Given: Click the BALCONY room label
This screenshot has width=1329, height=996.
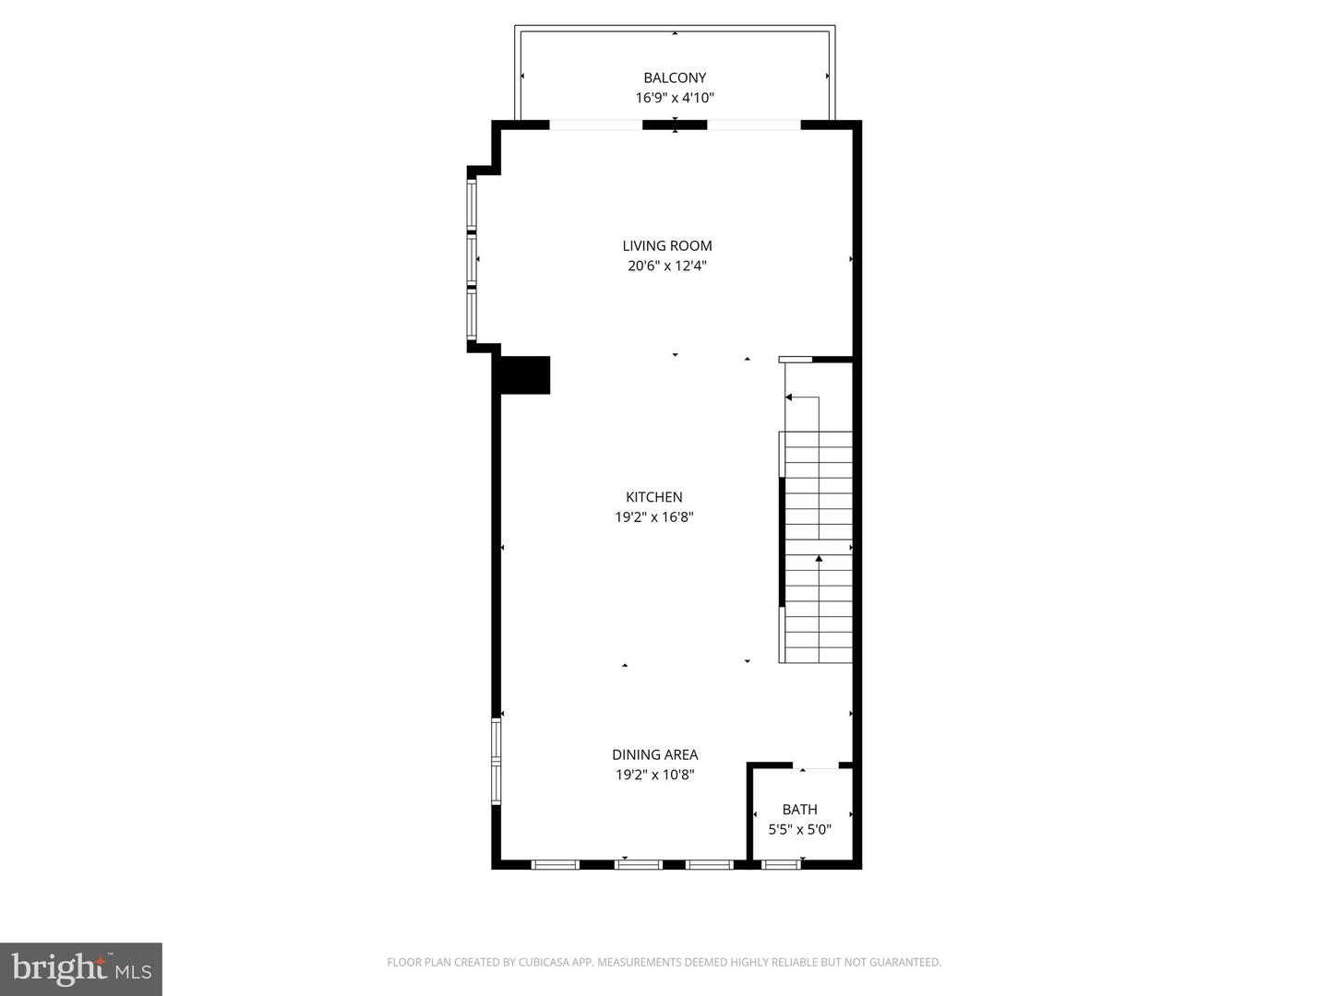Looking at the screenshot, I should pos(675,77).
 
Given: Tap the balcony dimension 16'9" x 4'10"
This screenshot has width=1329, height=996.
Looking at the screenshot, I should pos(675,98).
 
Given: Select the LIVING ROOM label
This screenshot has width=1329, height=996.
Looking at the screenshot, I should pos(667,245).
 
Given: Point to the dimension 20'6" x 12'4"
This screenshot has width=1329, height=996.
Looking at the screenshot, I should pos(667,266).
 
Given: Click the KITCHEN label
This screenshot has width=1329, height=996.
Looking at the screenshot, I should pos(654,497).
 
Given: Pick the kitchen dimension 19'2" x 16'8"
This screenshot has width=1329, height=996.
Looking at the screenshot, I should pos(654,517).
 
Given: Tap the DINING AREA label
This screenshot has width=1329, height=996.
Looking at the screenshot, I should pos(654,754).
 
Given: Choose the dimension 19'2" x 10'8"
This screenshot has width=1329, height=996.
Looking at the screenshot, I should pos(654,775).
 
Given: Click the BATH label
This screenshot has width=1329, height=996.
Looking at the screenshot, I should pos(799,809).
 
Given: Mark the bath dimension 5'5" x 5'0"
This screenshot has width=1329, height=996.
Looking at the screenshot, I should pos(799,829).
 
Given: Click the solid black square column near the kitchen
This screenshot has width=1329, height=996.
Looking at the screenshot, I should pos(525,375).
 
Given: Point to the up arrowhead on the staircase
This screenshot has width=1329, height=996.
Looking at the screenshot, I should pos(819,558).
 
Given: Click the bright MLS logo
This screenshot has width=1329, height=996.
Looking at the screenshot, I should pos(81,968).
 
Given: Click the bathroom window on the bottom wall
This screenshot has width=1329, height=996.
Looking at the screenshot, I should pos(781,864).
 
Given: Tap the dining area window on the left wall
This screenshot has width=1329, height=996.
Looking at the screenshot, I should pos(496,762).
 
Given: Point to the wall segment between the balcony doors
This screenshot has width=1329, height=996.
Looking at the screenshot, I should pos(675,125).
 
